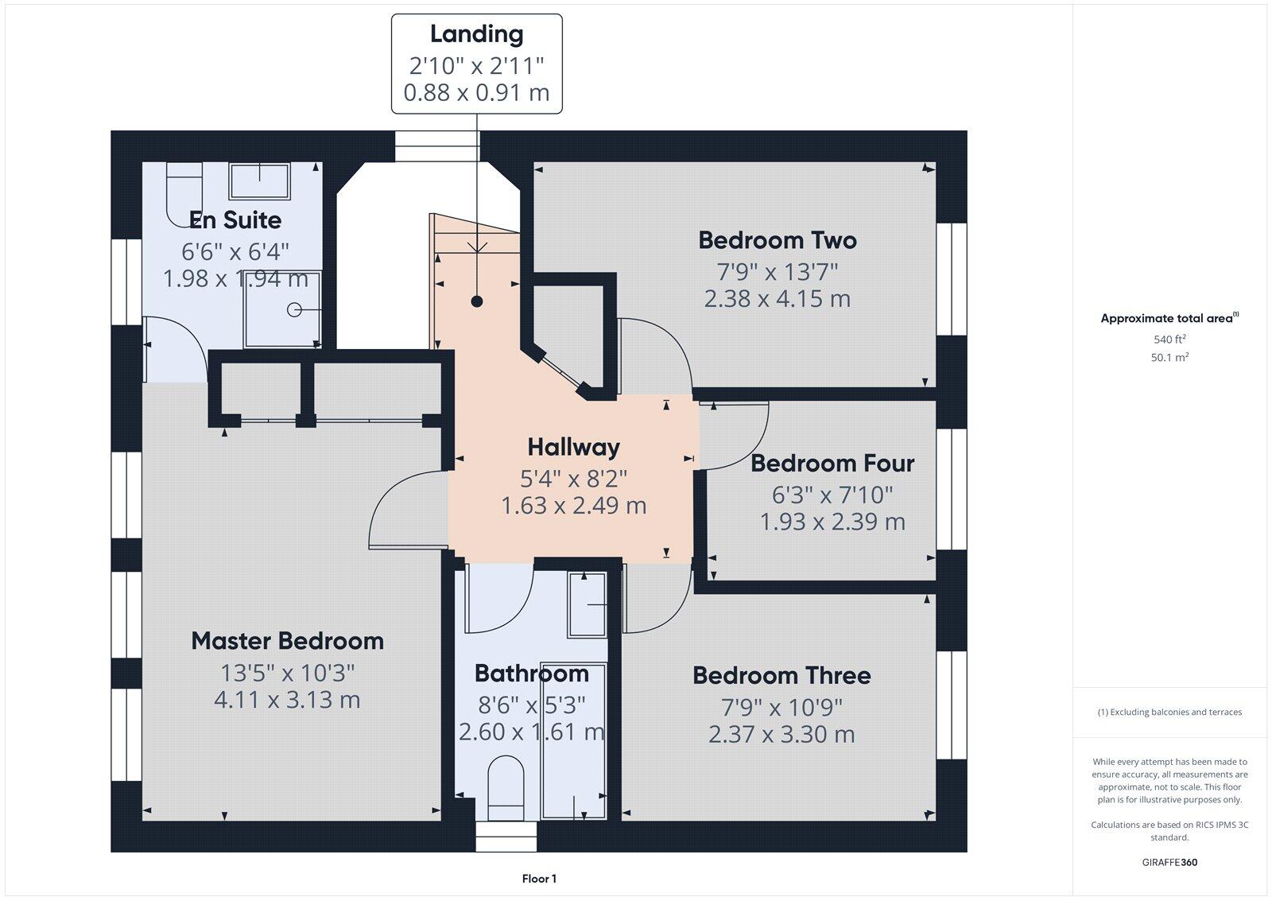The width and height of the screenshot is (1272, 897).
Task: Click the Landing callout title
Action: (x=476, y=34)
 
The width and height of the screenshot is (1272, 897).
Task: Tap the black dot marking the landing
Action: (x=476, y=301)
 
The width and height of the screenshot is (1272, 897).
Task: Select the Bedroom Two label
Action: (x=777, y=240)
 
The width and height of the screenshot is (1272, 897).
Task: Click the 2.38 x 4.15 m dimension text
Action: (x=777, y=299)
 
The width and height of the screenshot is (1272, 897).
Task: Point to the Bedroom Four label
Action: (x=832, y=463)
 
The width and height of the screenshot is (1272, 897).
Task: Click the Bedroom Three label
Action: (x=781, y=675)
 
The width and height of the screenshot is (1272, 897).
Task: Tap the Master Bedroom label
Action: (x=287, y=641)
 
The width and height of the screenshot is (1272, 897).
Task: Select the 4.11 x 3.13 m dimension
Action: (x=287, y=700)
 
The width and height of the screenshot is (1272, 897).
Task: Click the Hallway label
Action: (x=573, y=447)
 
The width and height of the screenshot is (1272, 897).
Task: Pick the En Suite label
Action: (x=235, y=219)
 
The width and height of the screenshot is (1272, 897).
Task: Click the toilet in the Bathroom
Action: (x=506, y=787)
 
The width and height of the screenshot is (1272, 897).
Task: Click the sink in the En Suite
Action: (x=260, y=181)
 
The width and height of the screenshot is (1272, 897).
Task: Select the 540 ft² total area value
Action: (x=1169, y=340)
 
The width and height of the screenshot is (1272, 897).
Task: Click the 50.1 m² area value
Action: (x=1169, y=358)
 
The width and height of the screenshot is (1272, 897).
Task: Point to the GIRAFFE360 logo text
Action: (x=1169, y=862)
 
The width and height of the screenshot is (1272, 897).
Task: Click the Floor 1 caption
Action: (x=539, y=879)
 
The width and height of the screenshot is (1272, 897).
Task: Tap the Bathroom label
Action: (x=531, y=674)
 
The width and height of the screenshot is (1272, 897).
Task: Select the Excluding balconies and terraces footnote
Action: (x=1169, y=713)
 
